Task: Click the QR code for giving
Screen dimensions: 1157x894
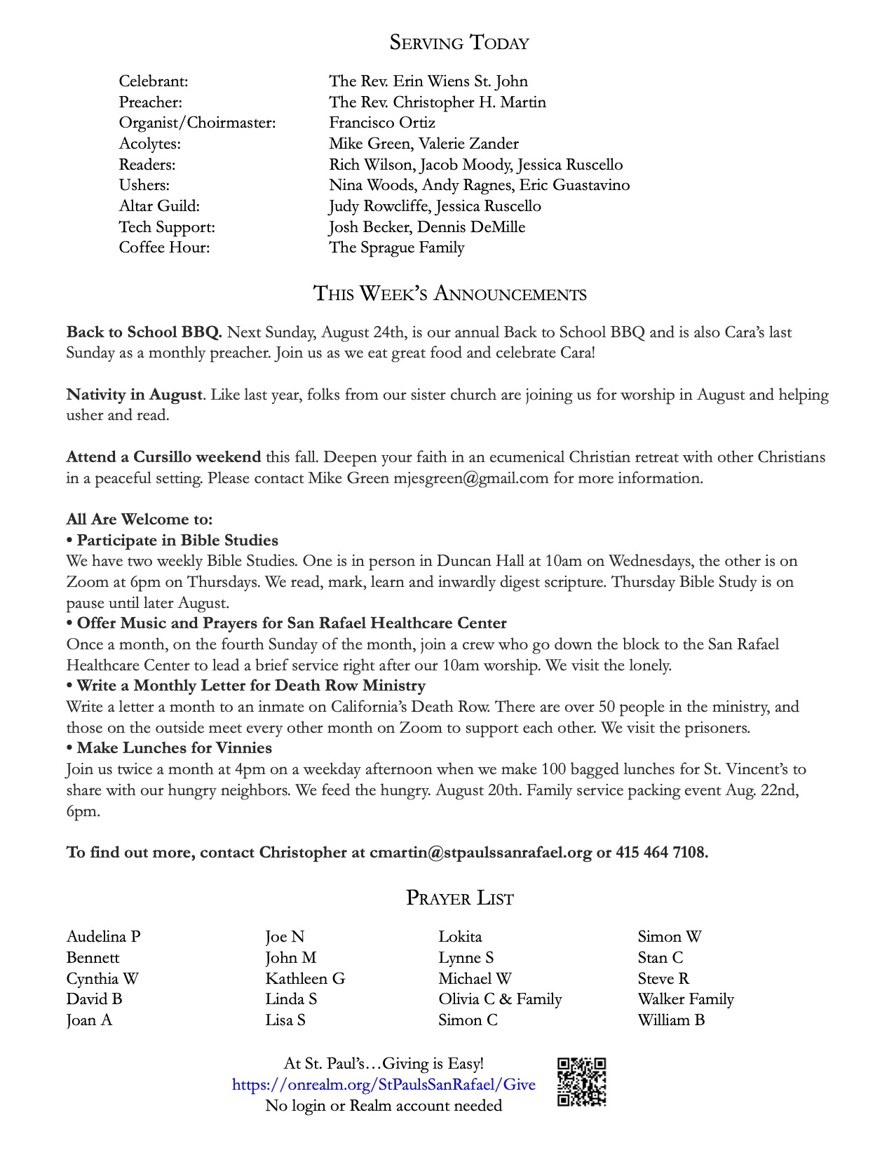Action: click(x=581, y=1082)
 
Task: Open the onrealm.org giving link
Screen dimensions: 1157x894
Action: click(x=384, y=1085)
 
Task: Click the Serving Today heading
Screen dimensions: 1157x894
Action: click(x=459, y=43)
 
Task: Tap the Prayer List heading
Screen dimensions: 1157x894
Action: click(x=459, y=898)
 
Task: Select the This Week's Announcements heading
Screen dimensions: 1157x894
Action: click(x=449, y=293)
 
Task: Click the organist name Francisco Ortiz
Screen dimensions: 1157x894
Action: click(x=382, y=123)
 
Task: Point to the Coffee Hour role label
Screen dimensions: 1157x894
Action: click(x=164, y=248)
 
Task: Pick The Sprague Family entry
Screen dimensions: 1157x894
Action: click(x=397, y=248)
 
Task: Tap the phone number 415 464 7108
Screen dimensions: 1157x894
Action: click(x=661, y=852)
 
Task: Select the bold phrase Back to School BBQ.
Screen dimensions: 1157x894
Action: click(x=144, y=332)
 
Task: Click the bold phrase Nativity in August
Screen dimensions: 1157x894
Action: click(x=135, y=394)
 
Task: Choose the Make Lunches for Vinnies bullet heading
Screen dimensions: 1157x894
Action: click(x=174, y=748)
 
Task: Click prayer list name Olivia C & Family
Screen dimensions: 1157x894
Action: click(x=500, y=999)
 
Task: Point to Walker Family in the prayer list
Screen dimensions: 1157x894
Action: click(x=686, y=999)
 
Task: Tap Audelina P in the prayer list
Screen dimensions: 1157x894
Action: click(x=104, y=937)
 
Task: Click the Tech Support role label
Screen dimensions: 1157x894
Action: click(x=167, y=227)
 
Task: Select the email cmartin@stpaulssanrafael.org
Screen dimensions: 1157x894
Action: click(x=480, y=852)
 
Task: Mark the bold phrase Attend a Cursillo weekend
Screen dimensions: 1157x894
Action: click(x=163, y=457)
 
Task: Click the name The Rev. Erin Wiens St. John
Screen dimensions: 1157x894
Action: click(x=428, y=81)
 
